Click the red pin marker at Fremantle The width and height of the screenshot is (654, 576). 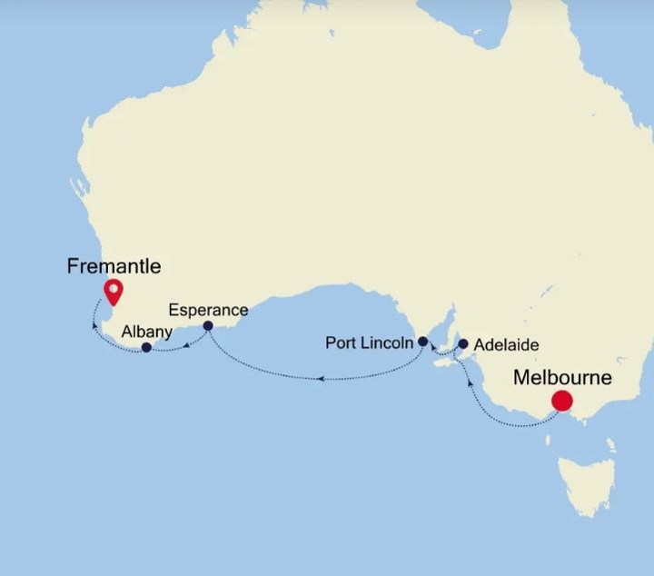point(114,292)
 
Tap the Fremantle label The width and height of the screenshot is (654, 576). point(114,266)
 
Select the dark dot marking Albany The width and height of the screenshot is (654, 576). point(146,347)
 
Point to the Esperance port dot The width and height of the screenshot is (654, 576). point(208,325)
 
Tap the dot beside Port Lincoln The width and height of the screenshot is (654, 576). point(422,342)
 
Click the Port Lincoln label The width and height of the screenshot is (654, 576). point(370,343)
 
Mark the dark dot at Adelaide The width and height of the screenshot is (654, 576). point(463,344)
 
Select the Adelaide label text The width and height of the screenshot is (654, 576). point(506,345)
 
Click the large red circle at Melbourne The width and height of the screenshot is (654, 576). point(562,400)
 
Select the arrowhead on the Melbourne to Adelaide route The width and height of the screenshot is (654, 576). point(469,383)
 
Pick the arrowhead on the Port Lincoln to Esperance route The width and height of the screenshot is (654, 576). point(321,377)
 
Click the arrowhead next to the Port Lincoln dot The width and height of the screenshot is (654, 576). point(432,347)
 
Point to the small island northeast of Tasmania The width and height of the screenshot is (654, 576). point(610,446)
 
